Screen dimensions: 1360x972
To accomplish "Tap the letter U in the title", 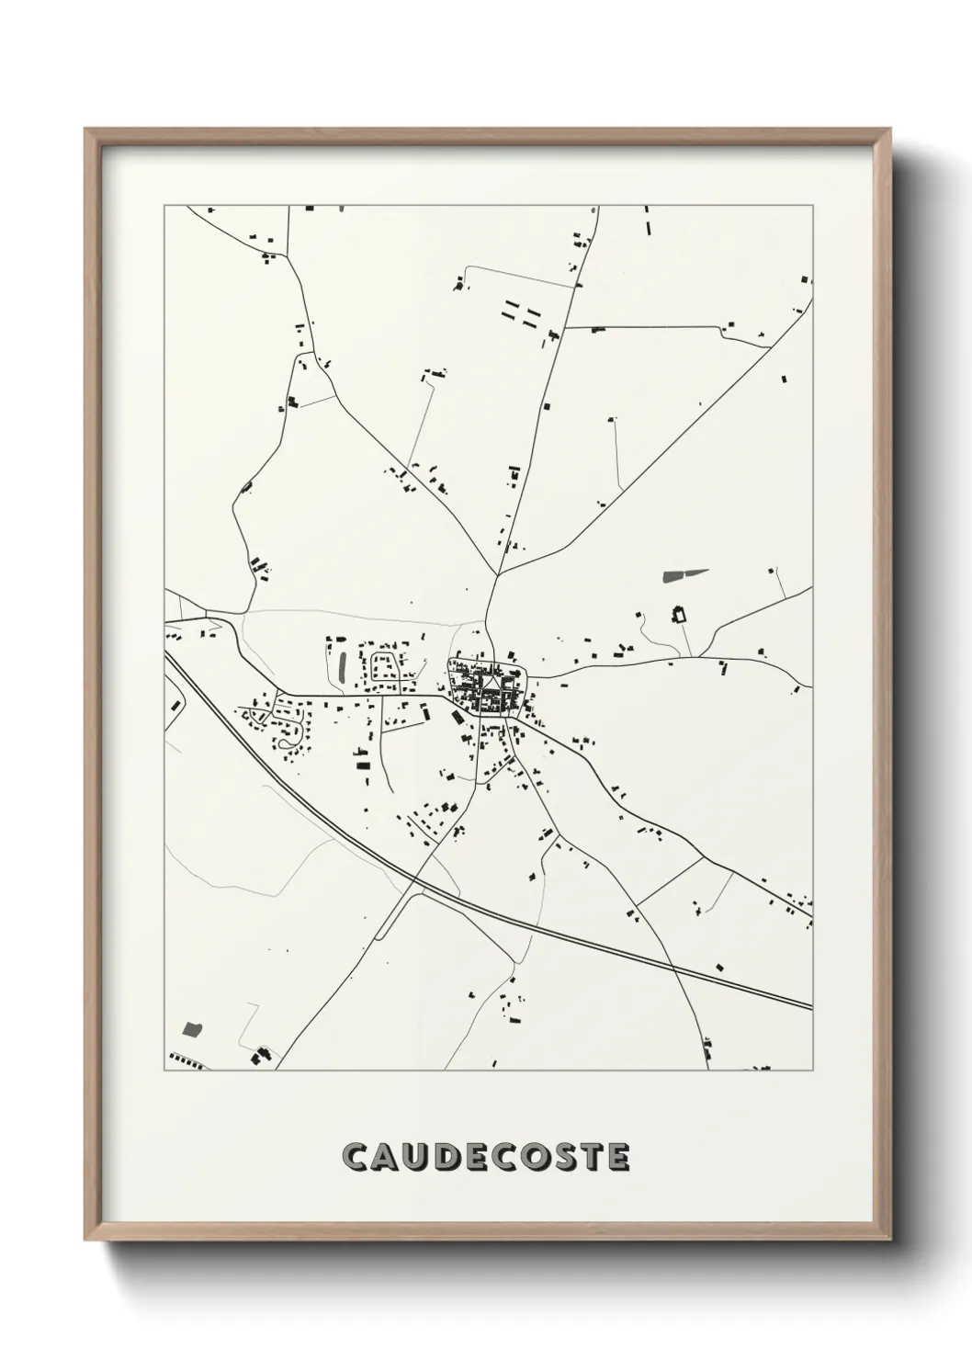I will coord(419,1158).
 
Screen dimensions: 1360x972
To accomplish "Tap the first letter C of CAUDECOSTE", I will coord(355,1158).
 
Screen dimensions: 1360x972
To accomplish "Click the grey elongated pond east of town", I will coord(685,576).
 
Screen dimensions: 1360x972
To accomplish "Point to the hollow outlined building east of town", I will coord(681,614).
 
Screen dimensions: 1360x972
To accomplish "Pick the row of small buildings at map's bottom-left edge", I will coord(186,1062).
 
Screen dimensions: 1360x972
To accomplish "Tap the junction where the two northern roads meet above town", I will coord(497,576).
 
